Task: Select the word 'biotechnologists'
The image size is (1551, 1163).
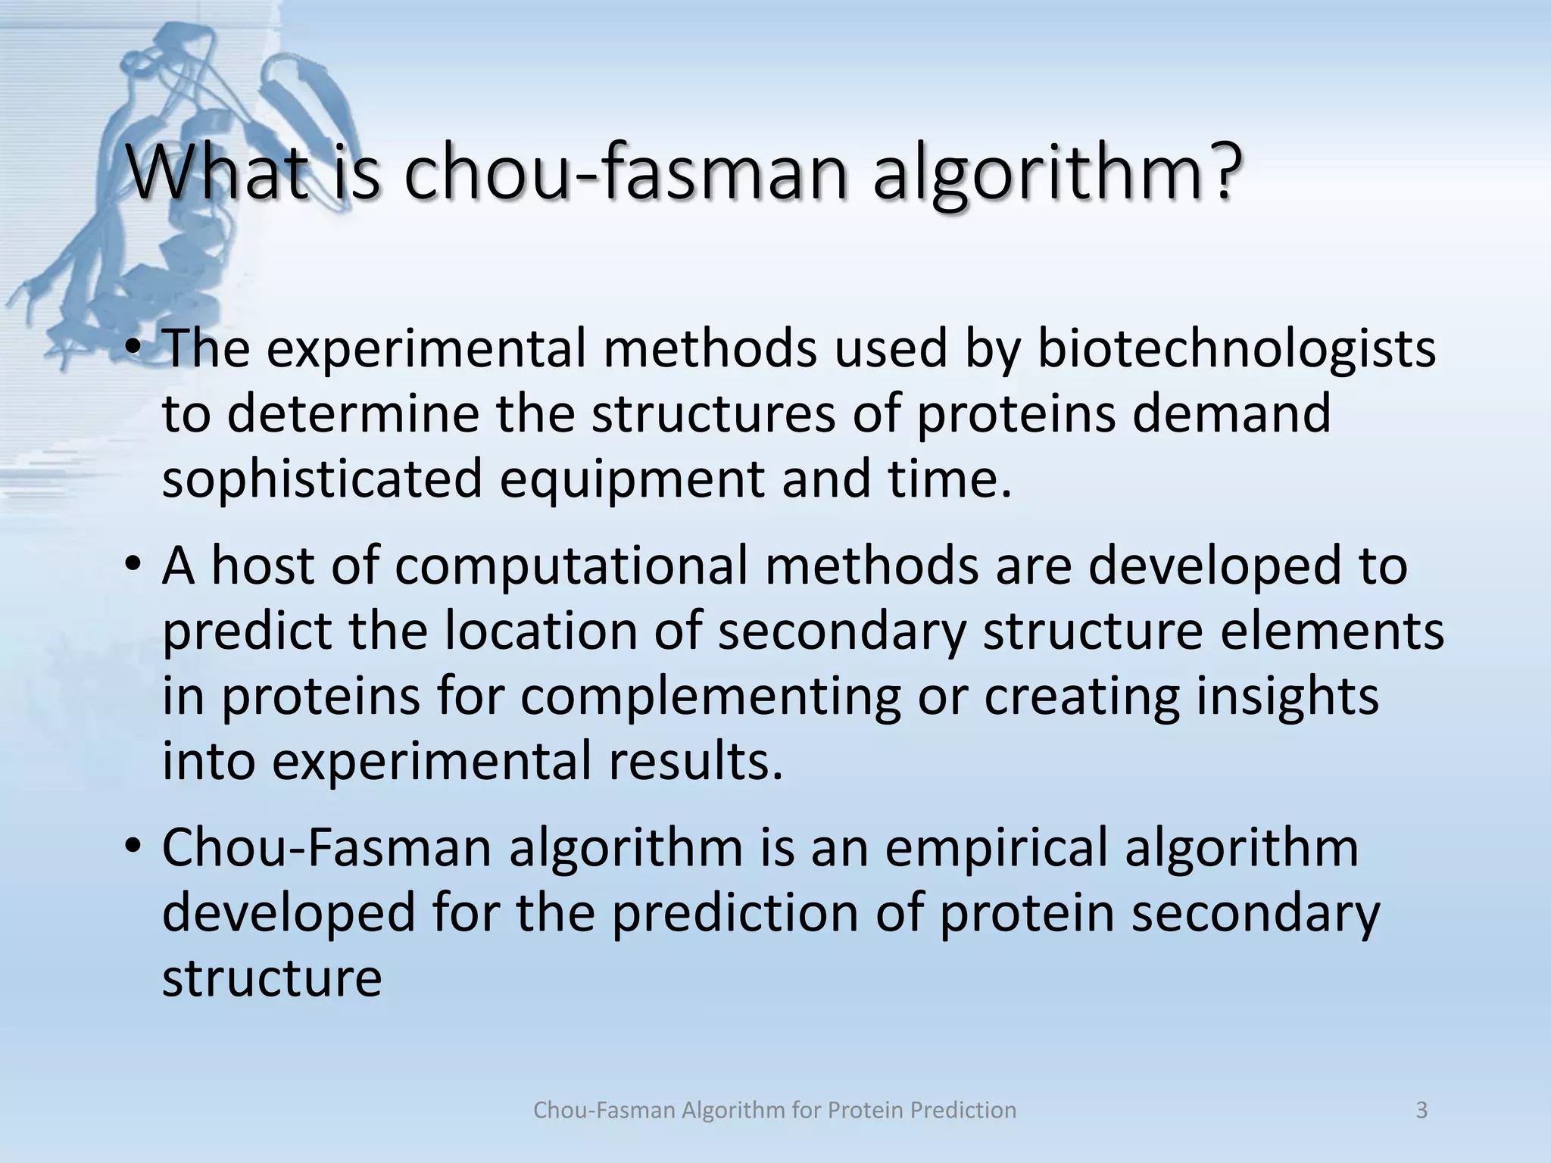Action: click(1235, 350)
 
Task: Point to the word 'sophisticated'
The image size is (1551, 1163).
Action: click(322, 480)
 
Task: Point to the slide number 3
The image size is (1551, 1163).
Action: click(1421, 1111)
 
